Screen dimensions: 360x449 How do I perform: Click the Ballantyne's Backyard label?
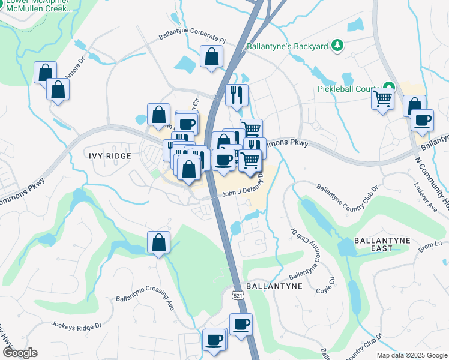click(286, 46)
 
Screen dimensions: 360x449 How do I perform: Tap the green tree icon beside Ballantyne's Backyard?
click(337, 46)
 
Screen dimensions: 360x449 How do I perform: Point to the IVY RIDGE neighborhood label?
click(110, 155)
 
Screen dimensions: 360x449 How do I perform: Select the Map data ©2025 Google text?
click(412, 355)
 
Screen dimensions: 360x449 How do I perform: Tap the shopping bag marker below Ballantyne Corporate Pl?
click(211, 57)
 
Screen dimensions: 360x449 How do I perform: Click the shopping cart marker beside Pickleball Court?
click(382, 97)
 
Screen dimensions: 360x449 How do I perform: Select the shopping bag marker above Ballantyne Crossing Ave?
click(159, 242)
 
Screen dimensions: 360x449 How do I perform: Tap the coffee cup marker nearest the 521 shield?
click(241, 325)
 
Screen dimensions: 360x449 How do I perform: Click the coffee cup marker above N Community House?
click(422, 119)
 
